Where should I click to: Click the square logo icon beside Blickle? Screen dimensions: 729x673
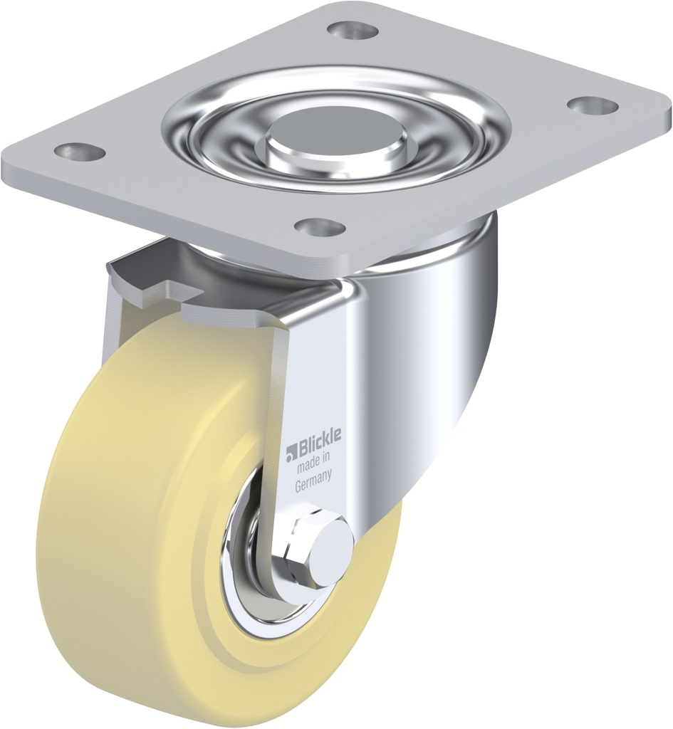pyautogui.click(x=291, y=451)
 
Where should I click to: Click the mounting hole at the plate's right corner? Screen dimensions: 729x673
pyautogui.click(x=593, y=105)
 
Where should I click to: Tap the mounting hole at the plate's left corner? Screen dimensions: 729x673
pyautogui.click(x=80, y=152)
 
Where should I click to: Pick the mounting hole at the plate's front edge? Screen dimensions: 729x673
pyautogui.click(x=320, y=227)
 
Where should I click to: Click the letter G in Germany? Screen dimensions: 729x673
pyautogui.click(x=299, y=488)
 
